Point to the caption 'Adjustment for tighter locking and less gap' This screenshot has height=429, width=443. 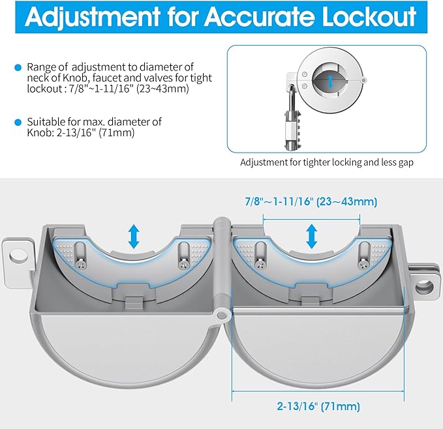pyautogui.click(x=327, y=162)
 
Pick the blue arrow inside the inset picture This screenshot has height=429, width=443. pyautogui.click(x=331, y=82)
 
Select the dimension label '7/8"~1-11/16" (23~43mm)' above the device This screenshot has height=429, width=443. pyautogui.click(x=311, y=202)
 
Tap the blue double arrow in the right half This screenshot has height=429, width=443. pyautogui.click(x=311, y=237)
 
